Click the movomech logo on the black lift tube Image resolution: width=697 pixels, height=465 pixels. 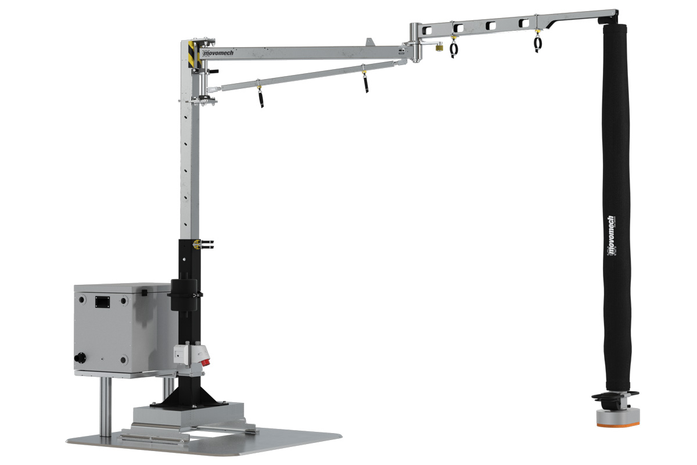coord(610,235)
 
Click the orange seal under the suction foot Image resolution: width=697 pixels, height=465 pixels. coord(618,424)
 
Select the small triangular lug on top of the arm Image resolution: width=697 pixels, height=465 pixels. coord(369,42)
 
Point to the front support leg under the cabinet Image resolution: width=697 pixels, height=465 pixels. coord(105,407)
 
